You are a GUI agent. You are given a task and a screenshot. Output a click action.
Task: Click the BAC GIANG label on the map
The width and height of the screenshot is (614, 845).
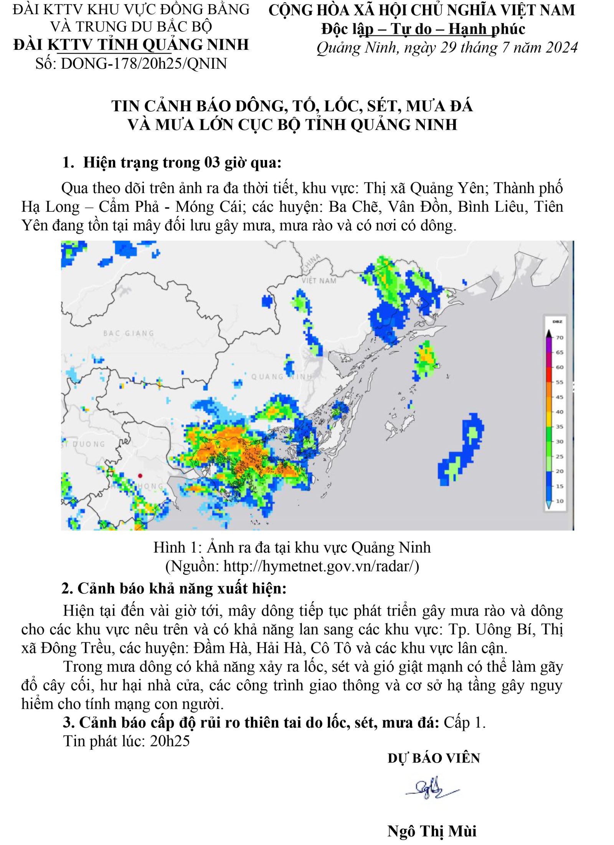tap(128, 333)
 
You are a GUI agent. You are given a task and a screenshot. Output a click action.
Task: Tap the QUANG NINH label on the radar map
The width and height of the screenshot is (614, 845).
tap(281, 376)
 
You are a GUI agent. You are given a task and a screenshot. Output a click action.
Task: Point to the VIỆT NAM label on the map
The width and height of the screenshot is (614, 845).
tap(319, 281)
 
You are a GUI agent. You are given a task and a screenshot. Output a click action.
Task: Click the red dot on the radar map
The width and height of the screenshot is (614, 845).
tap(140, 475)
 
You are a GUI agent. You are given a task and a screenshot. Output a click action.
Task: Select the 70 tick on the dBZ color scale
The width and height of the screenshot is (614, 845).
tap(560, 338)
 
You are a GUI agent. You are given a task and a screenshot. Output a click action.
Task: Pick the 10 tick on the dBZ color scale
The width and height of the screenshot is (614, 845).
tap(560, 501)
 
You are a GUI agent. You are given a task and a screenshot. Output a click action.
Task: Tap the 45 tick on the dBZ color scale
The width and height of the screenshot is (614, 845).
tap(560, 397)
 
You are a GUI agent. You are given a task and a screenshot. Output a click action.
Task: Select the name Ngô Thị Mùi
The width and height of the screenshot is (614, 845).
tap(432, 831)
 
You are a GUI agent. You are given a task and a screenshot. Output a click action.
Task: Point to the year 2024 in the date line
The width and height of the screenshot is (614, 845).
tap(561, 48)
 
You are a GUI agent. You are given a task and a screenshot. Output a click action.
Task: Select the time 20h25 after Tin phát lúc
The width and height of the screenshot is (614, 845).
tap(170, 741)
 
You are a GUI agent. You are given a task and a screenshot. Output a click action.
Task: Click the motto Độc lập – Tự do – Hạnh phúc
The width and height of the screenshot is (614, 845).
tap(423, 29)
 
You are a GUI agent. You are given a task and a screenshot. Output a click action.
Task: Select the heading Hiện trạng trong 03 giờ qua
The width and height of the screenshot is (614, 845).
tap(182, 163)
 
